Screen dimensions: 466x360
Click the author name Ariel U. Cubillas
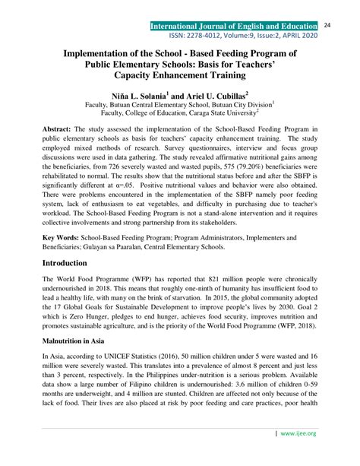pyautogui.click(x=225, y=97)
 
